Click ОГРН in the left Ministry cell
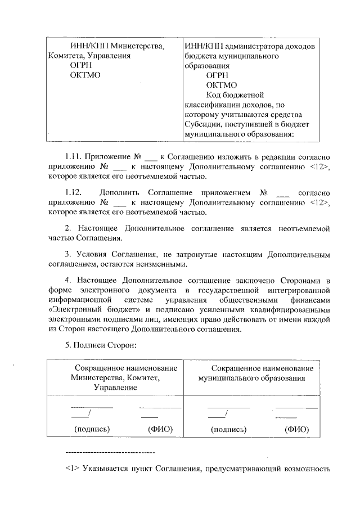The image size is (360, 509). point(80,66)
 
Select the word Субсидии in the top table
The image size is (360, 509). point(200,124)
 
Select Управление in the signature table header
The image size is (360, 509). point(115,388)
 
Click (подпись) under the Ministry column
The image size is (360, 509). point(91,429)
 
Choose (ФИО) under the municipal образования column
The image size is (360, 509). point(296,429)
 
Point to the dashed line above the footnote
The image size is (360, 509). point(110,452)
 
